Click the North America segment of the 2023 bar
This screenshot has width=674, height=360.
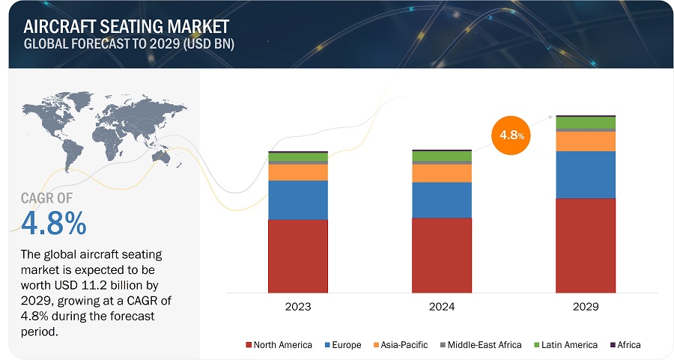pyautogui.click(x=298, y=255)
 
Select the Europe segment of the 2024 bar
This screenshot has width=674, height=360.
pyautogui.click(x=442, y=200)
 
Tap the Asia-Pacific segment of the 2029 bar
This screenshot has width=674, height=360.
pyautogui.click(x=586, y=141)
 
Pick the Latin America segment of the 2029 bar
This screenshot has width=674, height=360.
pyautogui.click(x=586, y=123)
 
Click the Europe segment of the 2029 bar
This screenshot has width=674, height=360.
pyautogui.click(x=586, y=174)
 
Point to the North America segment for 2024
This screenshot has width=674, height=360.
pyautogui.click(x=442, y=254)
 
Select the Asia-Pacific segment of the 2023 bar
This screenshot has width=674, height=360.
pyautogui.click(x=298, y=172)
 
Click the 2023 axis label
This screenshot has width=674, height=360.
pyautogui.click(x=298, y=307)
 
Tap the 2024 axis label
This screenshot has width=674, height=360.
pyautogui.click(x=442, y=307)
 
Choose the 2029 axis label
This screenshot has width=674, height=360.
pyautogui.click(x=586, y=307)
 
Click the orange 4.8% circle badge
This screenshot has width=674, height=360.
pyautogui.click(x=508, y=135)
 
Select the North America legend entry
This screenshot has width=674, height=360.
pyautogui.click(x=278, y=345)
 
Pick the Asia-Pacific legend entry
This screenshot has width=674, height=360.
pyautogui.click(x=401, y=345)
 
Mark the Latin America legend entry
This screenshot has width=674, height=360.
pyautogui.click(x=565, y=345)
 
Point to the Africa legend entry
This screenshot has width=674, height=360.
pyautogui.click(x=626, y=345)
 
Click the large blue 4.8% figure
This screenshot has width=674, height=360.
pyautogui.click(x=53, y=224)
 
